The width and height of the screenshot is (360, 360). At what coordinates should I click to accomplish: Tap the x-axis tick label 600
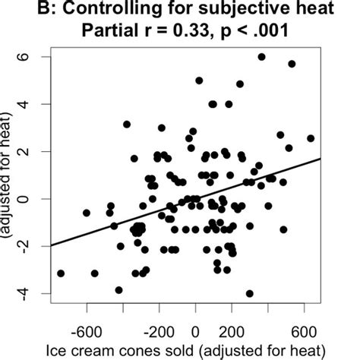(x=304, y=331)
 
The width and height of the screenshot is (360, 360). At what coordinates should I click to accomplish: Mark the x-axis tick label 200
(x=232, y=331)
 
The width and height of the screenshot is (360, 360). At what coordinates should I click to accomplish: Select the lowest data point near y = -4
(x=249, y=293)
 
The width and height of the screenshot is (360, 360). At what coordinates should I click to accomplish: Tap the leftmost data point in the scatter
(x=61, y=273)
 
